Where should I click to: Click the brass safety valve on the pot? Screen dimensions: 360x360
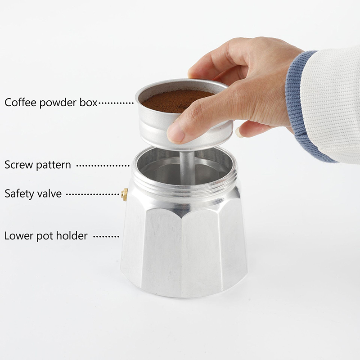[125, 194]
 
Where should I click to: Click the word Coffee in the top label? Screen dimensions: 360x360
[20, 102]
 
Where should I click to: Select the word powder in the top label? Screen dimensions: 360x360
[58, 103]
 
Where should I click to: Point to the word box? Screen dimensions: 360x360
[89, 102]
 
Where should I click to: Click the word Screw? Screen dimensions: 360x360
[19, 165]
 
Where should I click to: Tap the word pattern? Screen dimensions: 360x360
[54, 165]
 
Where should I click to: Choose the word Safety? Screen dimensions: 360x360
[19, 193]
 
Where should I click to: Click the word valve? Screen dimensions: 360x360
[49, 194]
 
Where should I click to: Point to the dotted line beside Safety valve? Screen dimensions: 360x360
[93, 194]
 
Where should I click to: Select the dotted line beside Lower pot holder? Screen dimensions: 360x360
[106, 236]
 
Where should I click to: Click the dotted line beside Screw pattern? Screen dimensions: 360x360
[103, 165]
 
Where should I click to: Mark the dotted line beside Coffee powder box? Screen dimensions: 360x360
[116, 103]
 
